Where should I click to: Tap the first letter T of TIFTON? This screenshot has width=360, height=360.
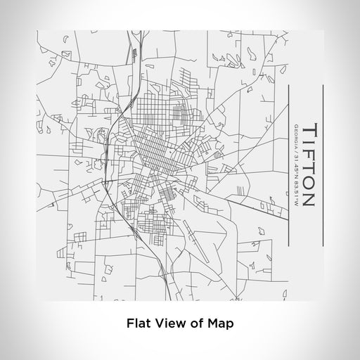point(310,129)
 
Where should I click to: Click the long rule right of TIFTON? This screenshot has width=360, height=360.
point(323,165)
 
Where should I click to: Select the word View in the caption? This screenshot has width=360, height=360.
point(165,325)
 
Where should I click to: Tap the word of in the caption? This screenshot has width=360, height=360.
point(190,325)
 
